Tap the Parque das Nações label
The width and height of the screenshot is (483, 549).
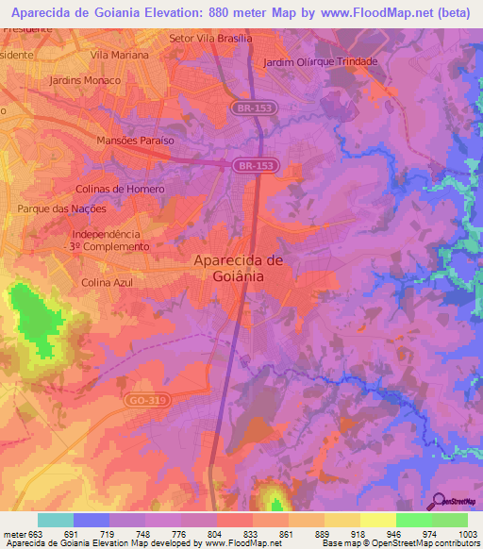56,208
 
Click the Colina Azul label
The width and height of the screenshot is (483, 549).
108,282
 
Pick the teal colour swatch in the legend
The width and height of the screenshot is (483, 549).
56,519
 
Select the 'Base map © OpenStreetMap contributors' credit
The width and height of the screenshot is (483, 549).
399,543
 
